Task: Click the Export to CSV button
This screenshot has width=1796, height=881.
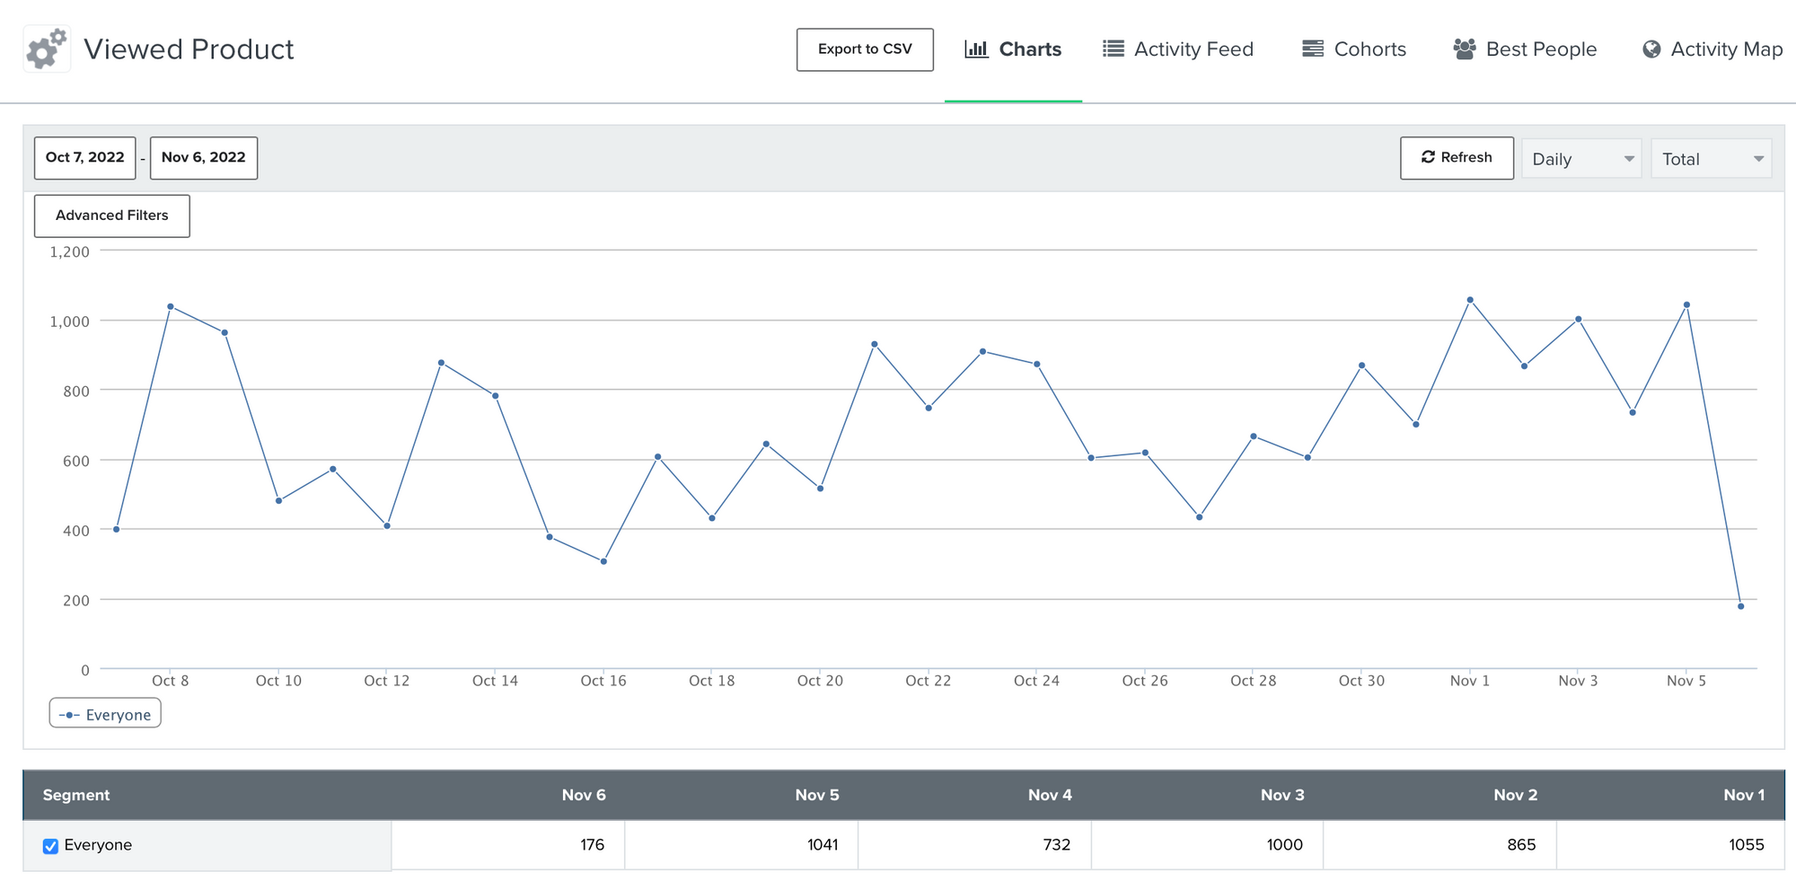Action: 865,49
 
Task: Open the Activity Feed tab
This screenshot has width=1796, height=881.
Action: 1178,49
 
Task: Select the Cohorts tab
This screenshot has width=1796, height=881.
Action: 1354,49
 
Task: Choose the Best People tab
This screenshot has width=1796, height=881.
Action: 1525,49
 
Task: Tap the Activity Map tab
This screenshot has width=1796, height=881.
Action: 1712,49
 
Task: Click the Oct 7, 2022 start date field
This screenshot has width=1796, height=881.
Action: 85,158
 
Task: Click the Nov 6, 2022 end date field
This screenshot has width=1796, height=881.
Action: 204,158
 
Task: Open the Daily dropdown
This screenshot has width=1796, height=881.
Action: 1581,159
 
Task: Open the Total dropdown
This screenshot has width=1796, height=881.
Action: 1712,159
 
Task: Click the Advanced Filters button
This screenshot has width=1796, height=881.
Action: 112,216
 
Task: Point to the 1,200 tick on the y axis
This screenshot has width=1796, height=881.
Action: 70,252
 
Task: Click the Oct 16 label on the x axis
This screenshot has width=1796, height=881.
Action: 603,681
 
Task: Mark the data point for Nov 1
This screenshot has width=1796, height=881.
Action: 1470,300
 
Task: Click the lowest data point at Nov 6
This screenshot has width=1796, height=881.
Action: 1741,606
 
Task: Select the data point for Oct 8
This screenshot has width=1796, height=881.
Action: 171,307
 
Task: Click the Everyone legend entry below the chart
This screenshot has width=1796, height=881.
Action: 105,714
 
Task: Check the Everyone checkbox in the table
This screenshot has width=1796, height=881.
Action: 51,846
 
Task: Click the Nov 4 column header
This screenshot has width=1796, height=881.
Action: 1050,795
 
